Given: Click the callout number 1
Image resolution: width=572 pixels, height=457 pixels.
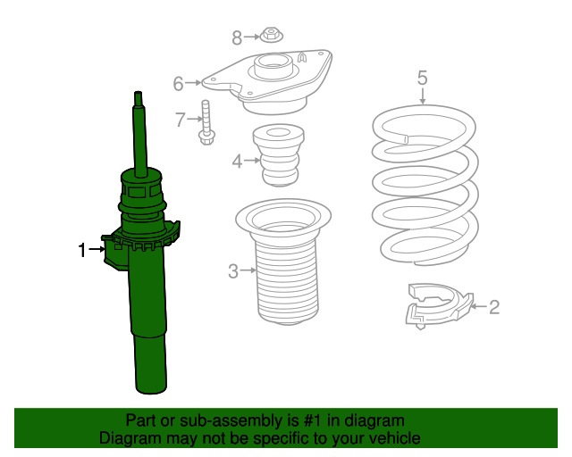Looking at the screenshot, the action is pos(82,250).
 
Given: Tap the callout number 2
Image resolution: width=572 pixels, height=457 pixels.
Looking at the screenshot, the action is pos(493,307).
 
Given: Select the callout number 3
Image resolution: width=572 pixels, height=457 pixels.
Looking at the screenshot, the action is pos(233,271).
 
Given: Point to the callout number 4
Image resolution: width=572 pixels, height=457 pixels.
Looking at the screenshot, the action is pos(237,161).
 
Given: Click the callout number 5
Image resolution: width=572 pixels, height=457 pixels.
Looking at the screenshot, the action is pos(422,78).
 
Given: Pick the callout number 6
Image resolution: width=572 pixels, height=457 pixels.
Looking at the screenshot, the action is pos(178,83).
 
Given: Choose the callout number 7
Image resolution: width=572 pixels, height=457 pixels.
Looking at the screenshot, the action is pos(181,120).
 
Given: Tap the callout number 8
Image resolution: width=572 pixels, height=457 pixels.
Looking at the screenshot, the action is pos(237,37).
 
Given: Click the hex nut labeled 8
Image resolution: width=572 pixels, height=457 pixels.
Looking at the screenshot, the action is pos(270,36).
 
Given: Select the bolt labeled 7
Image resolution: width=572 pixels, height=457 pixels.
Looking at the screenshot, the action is pos(206,122).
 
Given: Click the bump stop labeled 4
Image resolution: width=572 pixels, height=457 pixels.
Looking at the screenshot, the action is pos(278,155).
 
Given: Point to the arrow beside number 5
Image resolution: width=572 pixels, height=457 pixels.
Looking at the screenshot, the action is pos(423,96).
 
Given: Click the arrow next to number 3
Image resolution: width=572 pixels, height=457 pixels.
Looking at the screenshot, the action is pos(248,270).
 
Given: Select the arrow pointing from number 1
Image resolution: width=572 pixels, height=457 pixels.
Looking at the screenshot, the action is pos(97,249).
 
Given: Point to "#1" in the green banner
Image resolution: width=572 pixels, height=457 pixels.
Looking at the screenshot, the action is pos(312,420).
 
